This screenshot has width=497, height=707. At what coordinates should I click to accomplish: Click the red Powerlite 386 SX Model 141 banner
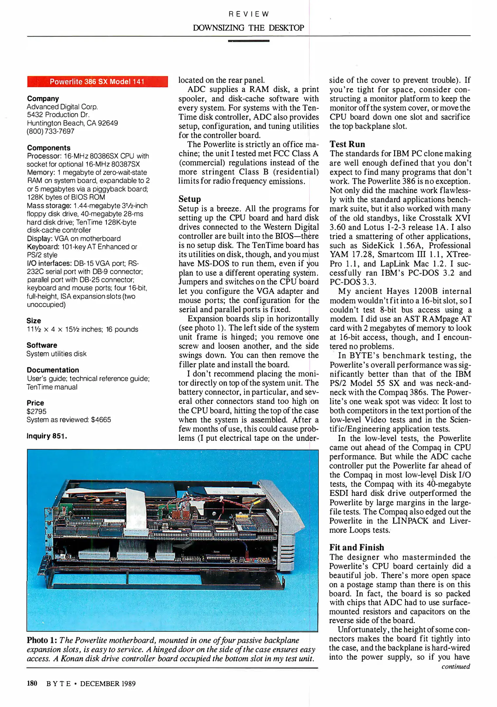click(x=97, y=82)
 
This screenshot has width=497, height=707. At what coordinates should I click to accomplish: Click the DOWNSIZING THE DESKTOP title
click(x=248, y=28)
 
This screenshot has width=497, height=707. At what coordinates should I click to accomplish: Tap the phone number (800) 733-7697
click(x=50, y=131)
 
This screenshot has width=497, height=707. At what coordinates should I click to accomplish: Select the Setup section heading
click(x=190, y=199)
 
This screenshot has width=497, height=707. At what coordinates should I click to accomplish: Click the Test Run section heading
click(x=347, y=144)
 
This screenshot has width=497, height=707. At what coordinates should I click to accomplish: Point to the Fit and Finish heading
click(x=356, y=547)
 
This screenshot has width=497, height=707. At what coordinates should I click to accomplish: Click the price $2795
click(x=37, y=411)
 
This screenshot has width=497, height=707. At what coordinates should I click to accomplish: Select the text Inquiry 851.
click(x=47, y=436)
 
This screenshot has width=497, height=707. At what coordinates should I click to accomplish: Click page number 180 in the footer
click(x=32, y=683)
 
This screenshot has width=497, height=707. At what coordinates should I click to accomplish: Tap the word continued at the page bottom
click(x=455, y=666)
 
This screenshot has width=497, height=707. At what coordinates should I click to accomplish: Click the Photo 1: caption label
click(x=42, y=640)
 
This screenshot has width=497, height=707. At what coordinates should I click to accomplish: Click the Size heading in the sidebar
click(x=34, y=321)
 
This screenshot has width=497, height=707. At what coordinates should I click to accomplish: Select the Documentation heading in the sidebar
click(x=53, y=370)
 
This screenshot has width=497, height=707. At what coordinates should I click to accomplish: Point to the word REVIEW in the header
click(x=248, y=14)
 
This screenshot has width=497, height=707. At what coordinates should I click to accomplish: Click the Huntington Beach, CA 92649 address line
click(x=72, y=123)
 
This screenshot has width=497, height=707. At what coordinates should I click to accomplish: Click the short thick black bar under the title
click(x=248, y=41)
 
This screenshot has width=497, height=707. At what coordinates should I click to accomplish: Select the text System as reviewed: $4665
click(x=69, y=420)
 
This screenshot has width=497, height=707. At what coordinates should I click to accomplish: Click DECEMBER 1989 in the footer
click(x=108, y=683)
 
